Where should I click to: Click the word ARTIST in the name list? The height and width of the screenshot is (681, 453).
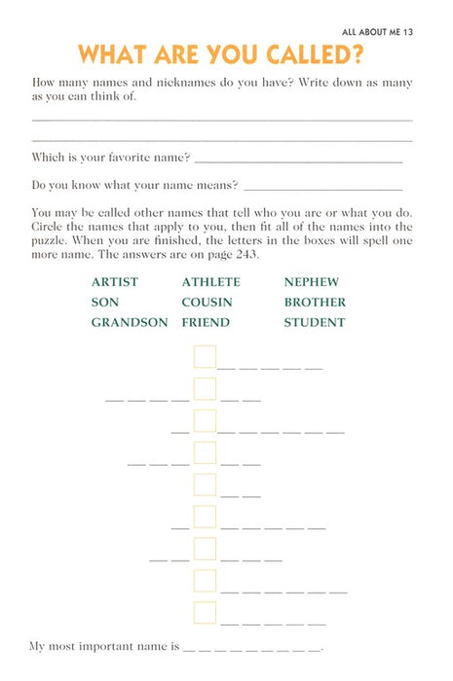tap(115, 282)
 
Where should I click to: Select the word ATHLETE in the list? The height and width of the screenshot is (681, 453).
tap(210, 282)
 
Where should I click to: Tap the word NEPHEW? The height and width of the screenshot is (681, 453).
tap(311, 282)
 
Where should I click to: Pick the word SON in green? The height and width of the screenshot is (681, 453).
tap(105, 303)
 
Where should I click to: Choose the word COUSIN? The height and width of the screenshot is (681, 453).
tap(207, 303)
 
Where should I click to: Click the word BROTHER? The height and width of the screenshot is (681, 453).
tap(315, 303)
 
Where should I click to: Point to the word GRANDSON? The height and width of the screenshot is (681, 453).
tap(130, 323)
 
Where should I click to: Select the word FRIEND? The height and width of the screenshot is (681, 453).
tap(206, 323)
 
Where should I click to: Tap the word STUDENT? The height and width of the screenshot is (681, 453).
tap(315, 323)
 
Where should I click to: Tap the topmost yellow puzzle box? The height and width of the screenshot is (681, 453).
tap(205, 357)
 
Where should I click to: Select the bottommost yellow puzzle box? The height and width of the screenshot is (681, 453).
tap(205, 612)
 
